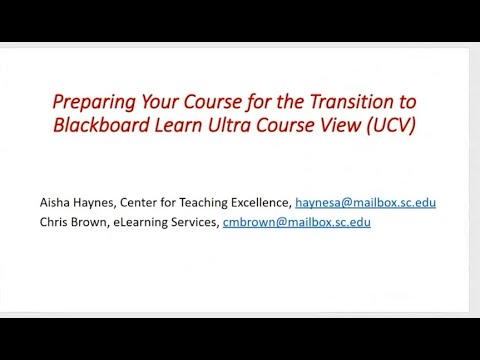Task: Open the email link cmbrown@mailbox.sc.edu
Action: coord(310,222)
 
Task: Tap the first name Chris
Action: coord(57,222)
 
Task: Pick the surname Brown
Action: coord(97,222)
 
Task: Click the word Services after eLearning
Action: coord(207,222)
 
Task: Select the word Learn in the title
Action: coord(177,126)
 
